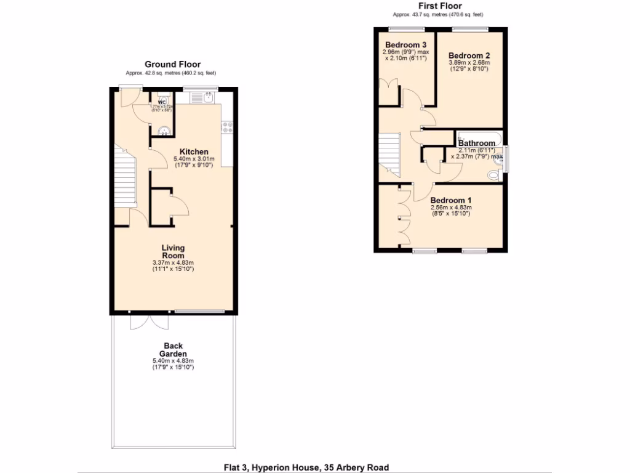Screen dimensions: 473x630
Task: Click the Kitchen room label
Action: (x=194, y=152)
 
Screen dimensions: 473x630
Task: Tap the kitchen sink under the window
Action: (x=201, y=97)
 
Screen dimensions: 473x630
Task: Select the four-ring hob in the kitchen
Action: (x=226, y=127)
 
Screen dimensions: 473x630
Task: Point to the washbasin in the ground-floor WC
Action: (x=164, y=130)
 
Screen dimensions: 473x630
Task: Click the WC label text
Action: (x=162, y=102)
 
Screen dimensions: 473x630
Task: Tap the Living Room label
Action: (x=173, y=251)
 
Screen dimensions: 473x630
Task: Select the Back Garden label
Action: (x=173, y=350)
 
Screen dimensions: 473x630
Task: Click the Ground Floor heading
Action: (x=172, y=64)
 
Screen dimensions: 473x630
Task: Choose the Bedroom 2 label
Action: (x=469, y=54)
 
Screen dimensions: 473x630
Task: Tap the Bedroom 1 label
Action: (x=450, y=200)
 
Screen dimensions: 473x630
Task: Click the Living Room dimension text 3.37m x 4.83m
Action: (x=173, y=263)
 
